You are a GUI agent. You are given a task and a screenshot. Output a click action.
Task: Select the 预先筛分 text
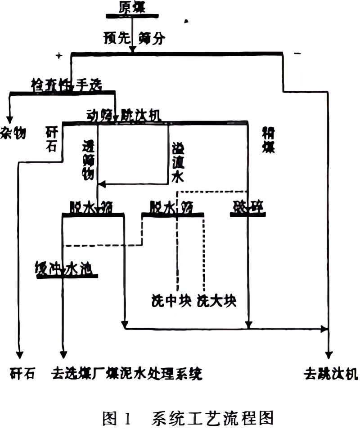[134, 38]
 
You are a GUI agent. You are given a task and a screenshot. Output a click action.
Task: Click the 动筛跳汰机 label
[123, 116]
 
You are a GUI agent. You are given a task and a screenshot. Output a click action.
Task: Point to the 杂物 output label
[13, 133]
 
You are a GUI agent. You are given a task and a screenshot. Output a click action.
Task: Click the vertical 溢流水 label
[178, 162]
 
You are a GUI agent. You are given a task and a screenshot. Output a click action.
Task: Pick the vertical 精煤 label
[269, 139]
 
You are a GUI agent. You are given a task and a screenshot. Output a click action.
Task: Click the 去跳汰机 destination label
[331, 374]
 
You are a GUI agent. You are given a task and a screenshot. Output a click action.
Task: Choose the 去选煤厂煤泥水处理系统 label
[127, 374]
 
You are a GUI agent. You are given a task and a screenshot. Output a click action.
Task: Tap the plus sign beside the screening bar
[58, 55]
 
